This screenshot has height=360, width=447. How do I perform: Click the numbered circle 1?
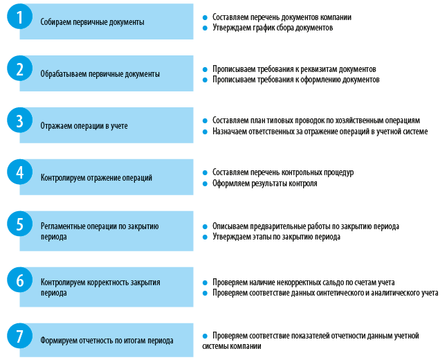coord(19,17)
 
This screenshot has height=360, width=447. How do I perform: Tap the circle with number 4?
coord(19,172)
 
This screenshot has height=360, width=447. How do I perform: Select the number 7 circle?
coord(19,336)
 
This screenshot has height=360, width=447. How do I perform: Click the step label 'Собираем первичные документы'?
coord(92,22)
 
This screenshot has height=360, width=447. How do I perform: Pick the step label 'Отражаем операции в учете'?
coord(84,126)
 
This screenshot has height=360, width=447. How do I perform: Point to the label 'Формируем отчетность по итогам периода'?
coord(107,341)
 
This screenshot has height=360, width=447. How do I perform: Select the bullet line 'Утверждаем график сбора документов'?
coord(273,28)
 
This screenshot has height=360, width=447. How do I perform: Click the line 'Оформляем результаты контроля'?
coord(265,183)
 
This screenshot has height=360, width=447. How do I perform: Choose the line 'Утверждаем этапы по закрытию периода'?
coord(276,237)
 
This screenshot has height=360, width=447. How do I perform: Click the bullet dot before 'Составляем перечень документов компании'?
coord(205,18)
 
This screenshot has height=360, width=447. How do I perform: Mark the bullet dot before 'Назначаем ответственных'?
coord(205,132)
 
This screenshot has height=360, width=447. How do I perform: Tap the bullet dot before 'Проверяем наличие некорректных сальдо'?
coord(205,283)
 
